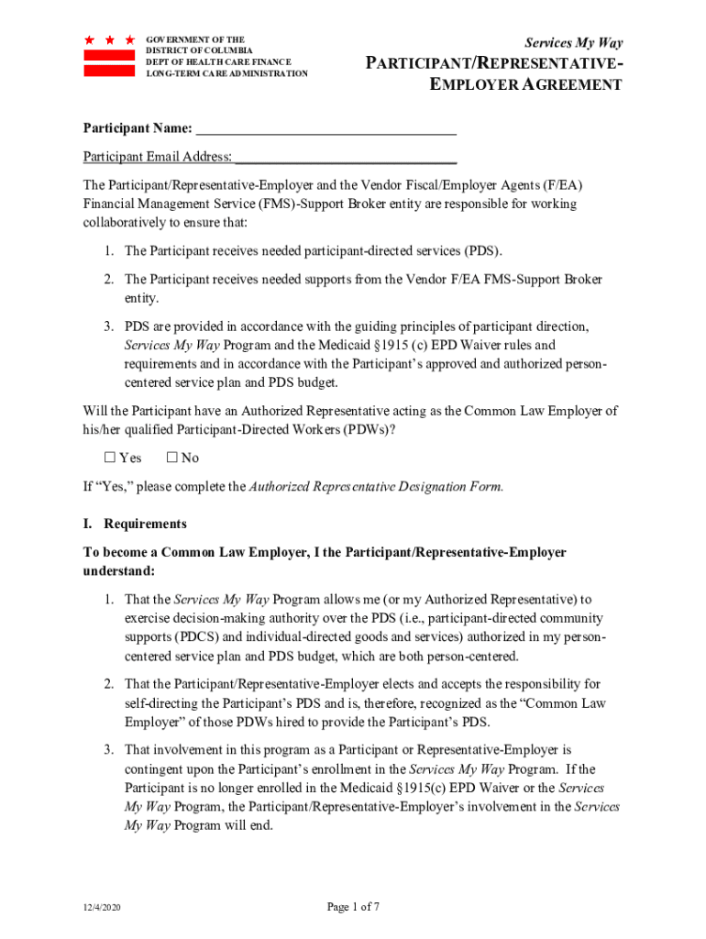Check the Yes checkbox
[107, 458]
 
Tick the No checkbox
[172, 458]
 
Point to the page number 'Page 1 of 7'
[353, 907]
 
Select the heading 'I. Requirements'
[135, 524]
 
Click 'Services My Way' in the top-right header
[573, 43]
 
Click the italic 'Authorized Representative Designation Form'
[376, 486]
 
